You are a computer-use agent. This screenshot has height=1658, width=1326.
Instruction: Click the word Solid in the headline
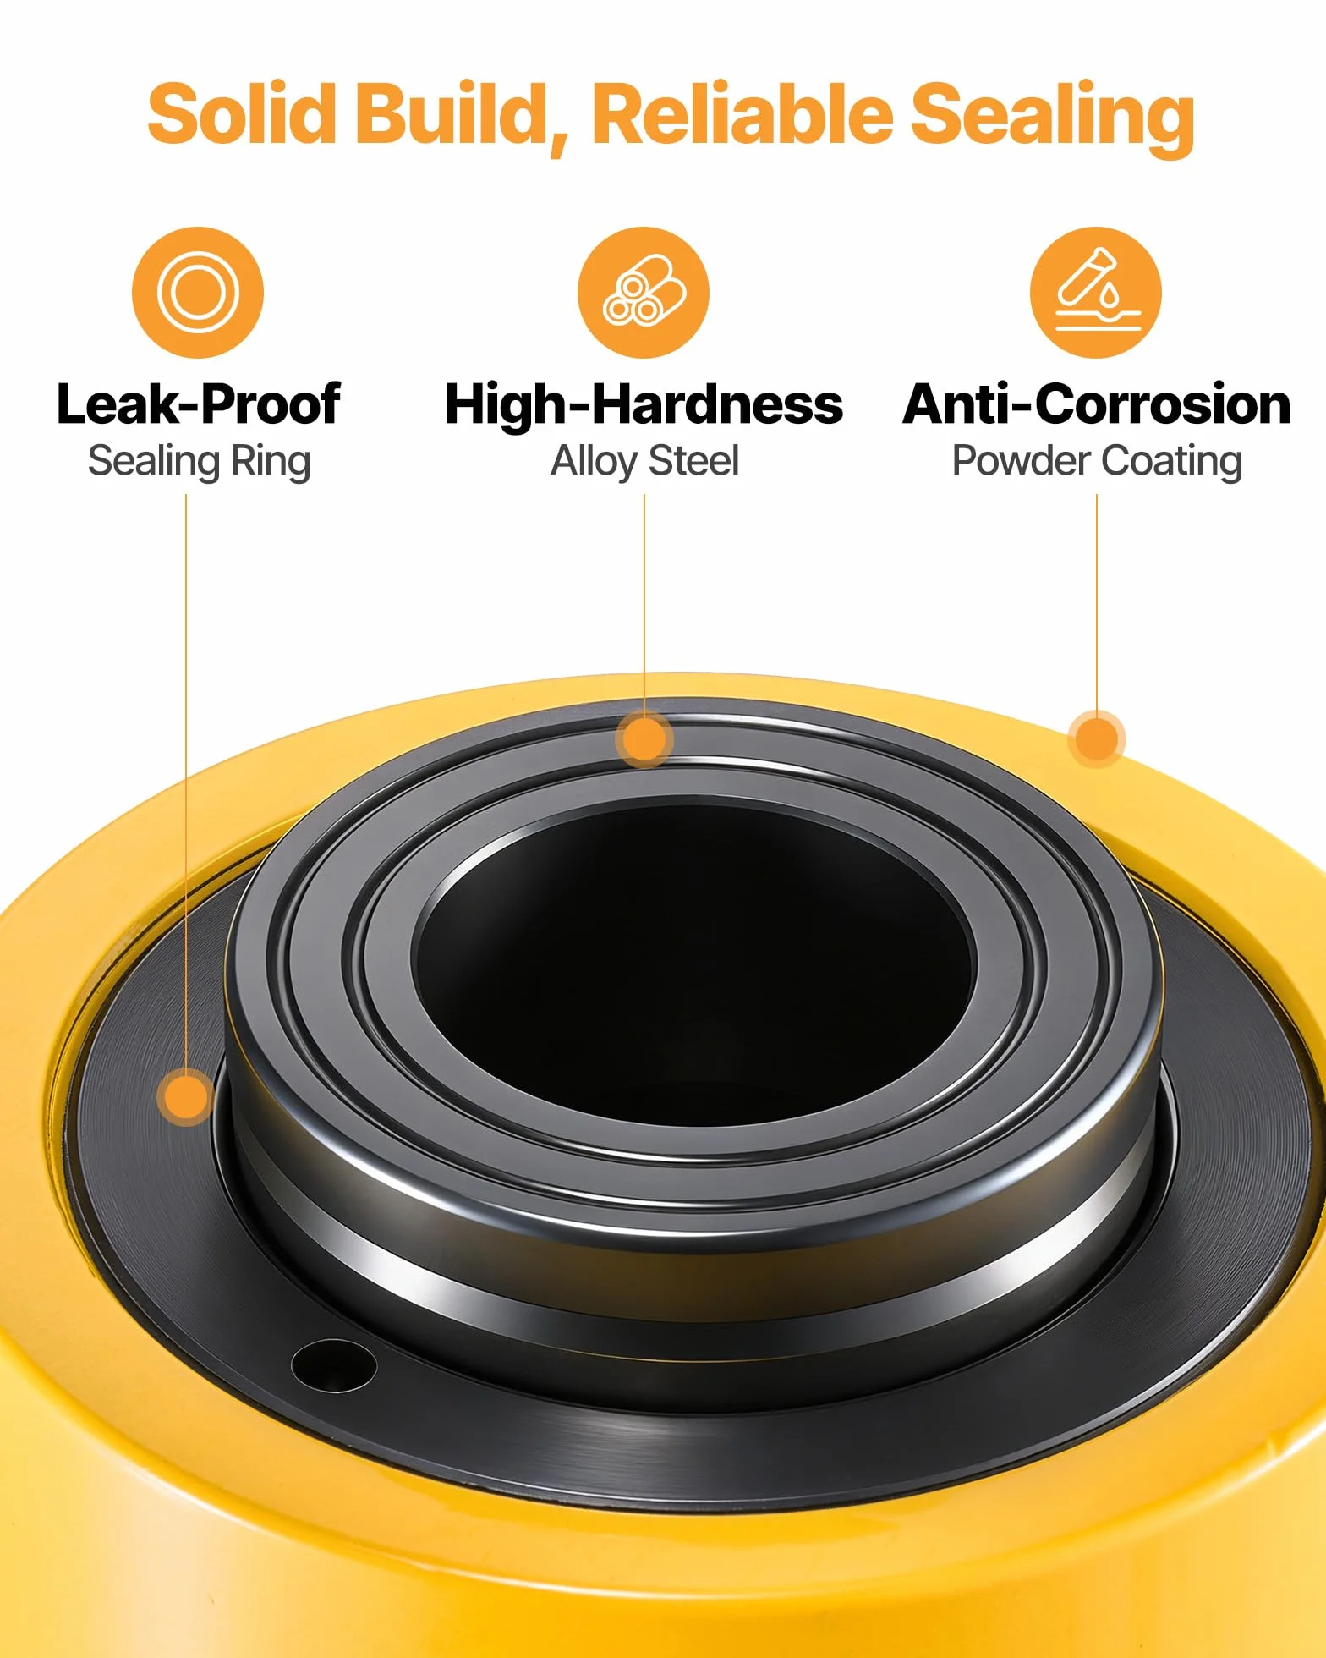coord(242,113)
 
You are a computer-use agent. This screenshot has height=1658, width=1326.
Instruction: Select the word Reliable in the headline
coord(742,113)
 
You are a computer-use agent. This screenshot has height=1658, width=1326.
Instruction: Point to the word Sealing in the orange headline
coord(1052,118)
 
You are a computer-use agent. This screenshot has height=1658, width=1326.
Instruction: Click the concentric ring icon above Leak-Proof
coord(198,293)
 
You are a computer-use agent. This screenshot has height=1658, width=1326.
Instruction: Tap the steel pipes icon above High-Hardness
coord(644,293)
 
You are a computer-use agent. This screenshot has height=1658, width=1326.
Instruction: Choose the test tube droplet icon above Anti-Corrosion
coord(1096,293)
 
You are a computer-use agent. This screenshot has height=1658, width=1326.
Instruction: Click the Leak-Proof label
coord(199,404)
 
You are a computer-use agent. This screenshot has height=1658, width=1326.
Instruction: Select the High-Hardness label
coord(644,404)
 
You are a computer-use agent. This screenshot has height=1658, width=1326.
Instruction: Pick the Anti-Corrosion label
coord(1097,404)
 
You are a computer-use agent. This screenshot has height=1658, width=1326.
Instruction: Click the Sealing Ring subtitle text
coord(200,462)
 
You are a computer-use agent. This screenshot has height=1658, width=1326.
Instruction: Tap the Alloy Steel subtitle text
coord(644,462)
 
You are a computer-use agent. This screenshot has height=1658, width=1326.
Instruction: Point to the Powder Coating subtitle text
coord(1097,462)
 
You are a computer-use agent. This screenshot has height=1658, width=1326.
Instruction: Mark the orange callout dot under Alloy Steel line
coord(644,739)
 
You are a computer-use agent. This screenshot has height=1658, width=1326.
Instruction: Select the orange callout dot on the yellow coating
coord(1097,739)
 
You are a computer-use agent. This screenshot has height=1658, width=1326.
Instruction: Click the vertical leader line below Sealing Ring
coord(186,782)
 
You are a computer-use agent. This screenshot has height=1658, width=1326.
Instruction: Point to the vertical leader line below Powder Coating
coord(1097,603)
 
